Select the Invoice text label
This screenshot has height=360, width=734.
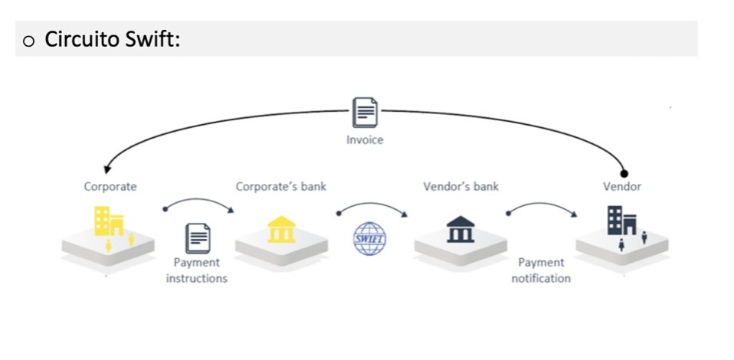tap(365, 140)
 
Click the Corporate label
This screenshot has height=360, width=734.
tap(110, 186)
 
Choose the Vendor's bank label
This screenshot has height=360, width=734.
tap(460, 186)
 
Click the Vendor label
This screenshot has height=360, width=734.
tap(622, 186)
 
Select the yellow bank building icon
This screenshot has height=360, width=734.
tap(281, 230)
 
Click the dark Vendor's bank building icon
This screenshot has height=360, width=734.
tap(460, 229)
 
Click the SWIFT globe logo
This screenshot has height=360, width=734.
tap(370, 237)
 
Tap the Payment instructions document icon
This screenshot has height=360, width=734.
tap(197, 238)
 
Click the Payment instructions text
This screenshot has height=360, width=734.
tap(197, 270)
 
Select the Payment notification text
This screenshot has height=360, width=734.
tap(541, 270)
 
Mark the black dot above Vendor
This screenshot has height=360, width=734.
tap(624, 173)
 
